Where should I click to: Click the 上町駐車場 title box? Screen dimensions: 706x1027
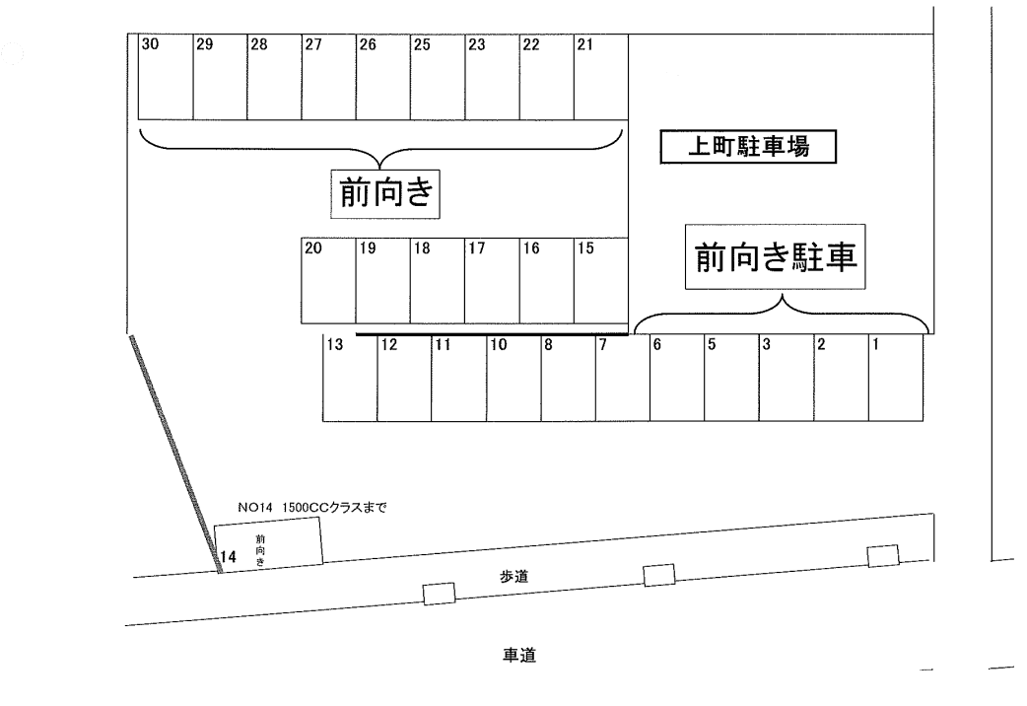pos(748,147)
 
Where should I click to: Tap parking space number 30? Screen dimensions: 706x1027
pos(166,77)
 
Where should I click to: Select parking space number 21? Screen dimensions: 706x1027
pos(601,77)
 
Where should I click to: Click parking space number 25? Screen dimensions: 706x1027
pos(438,77)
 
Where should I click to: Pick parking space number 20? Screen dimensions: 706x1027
pos(328,280)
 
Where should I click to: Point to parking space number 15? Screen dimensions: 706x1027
pos(601,280)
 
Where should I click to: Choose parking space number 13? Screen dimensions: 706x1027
pos(350,379)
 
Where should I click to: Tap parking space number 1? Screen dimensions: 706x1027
pos(895,379)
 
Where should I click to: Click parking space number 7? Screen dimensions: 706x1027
pos(623,379)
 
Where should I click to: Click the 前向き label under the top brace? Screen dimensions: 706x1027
pos(385,194)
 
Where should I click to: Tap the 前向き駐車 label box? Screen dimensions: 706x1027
pos(775,256)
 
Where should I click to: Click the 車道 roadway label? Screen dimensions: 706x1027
pos(519,655)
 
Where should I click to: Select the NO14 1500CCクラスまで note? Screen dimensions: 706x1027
pos(313,507)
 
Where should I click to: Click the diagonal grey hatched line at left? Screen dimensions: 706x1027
pos(175,454)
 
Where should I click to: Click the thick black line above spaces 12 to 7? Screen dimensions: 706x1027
pos(492,334)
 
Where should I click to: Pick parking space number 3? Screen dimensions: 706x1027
pos(786,379)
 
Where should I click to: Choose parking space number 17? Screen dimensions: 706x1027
pos(492,280)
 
